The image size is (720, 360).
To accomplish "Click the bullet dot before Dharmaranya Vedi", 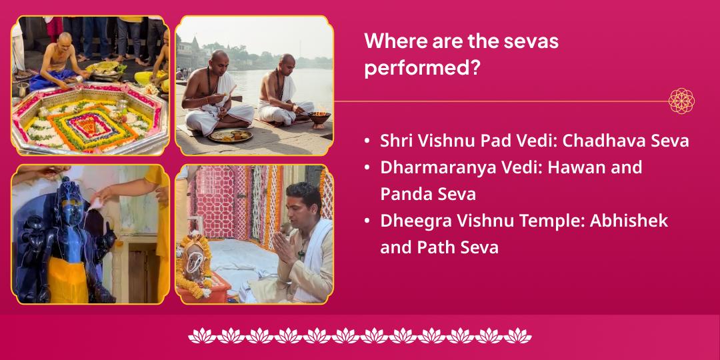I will (x=367, y=168).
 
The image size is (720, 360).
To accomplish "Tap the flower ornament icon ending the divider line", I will (x=681, y=101).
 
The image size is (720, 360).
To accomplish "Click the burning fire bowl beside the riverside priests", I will (x=319, y=119).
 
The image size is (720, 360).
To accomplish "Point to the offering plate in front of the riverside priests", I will (x=231, y=135).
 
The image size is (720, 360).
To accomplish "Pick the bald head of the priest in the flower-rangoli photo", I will (x=65, y=39).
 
